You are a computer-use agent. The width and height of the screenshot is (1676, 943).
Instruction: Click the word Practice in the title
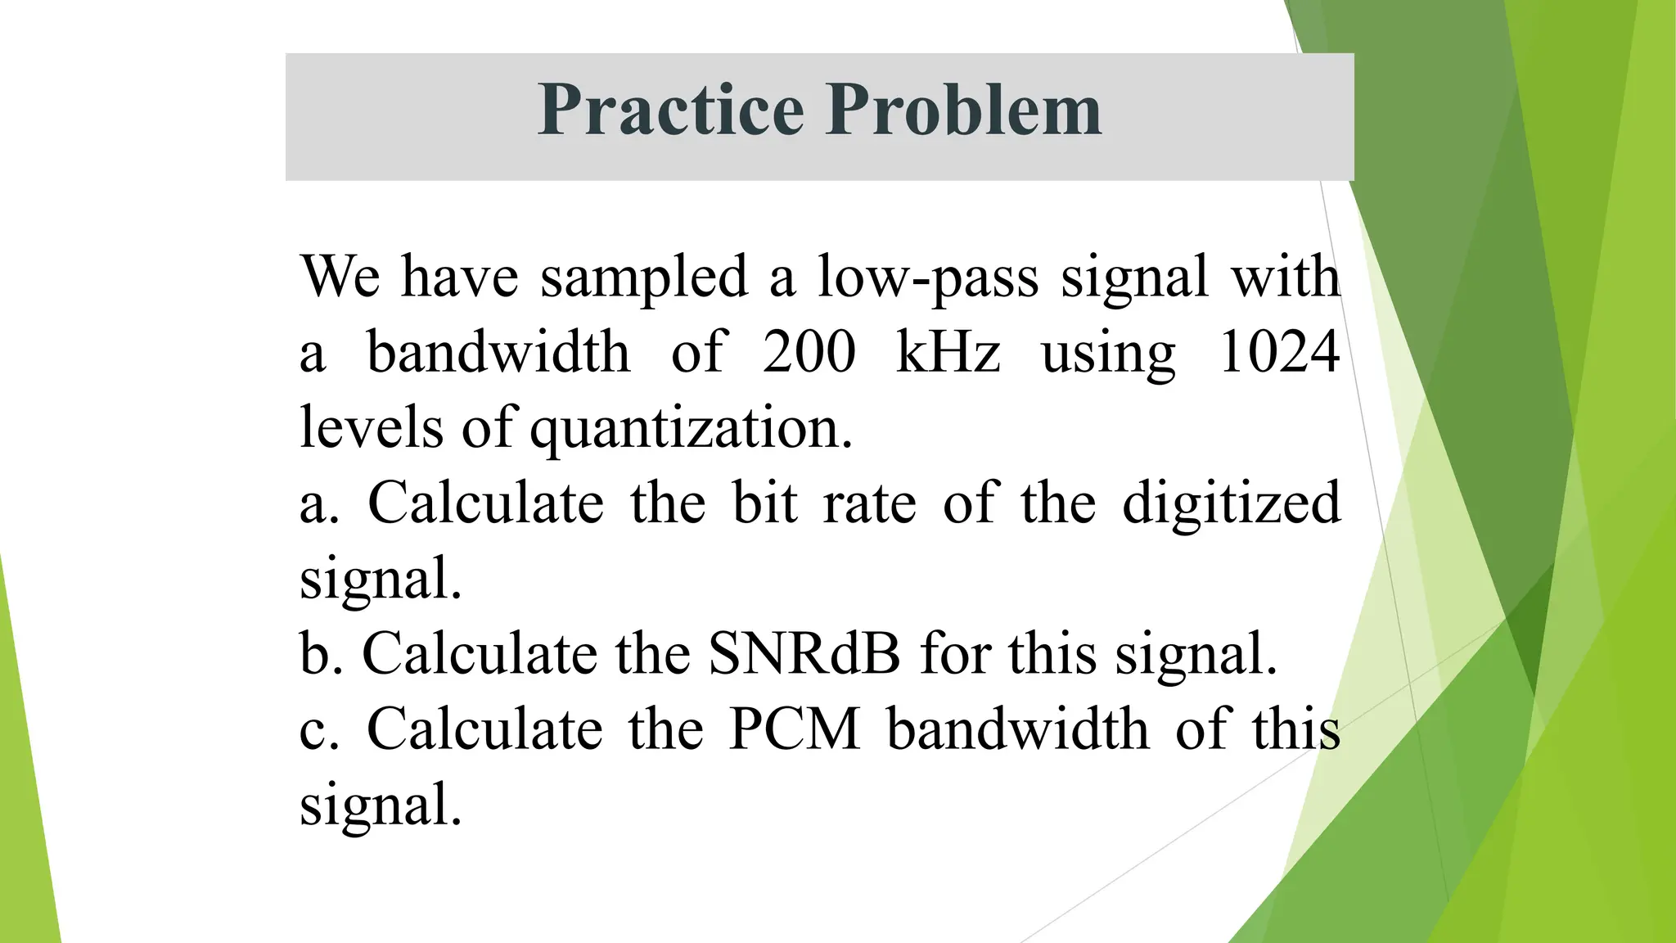(671, 110)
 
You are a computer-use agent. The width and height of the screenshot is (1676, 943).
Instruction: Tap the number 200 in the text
(809, 352)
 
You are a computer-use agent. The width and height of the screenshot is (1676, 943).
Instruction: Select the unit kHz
(948, 352)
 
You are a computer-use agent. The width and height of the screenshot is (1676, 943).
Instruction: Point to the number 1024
(1278, 352)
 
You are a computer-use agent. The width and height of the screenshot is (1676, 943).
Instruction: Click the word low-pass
(928, 277)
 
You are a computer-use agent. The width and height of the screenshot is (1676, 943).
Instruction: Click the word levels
(371, 427)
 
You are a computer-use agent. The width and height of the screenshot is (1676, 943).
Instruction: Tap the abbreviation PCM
(794, 729)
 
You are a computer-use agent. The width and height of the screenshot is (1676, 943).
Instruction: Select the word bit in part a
(764, 503)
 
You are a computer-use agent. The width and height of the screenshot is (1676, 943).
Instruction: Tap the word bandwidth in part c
(1018, 729)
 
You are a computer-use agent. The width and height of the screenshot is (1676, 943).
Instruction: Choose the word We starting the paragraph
(340, 277)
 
